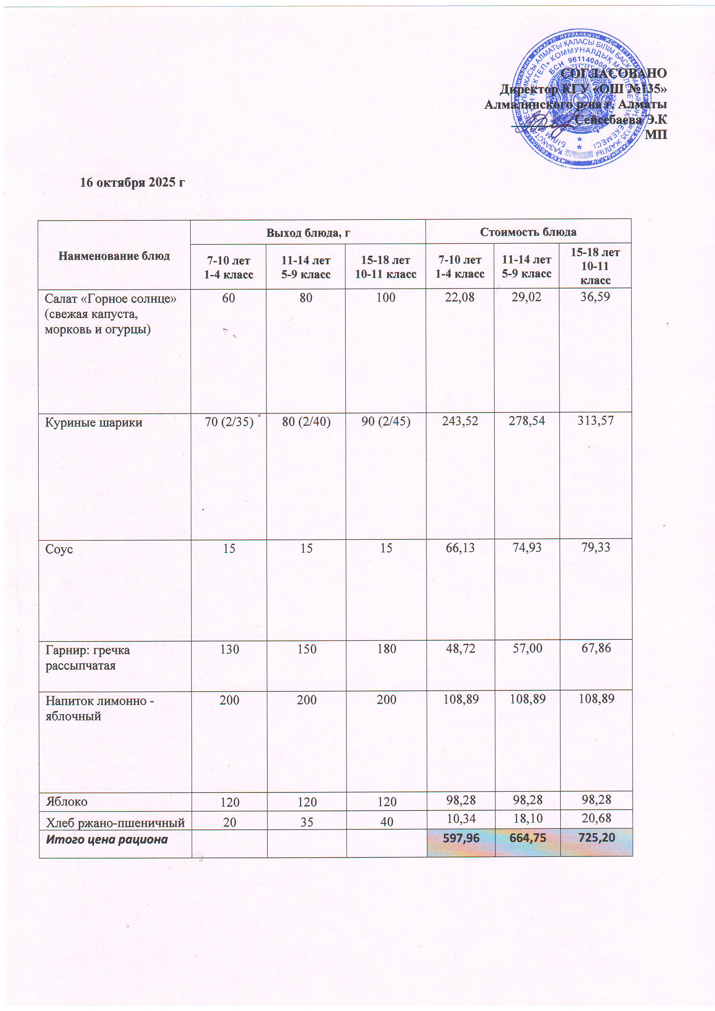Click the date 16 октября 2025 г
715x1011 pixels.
coord(132,182)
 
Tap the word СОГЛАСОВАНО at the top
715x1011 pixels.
coord(614,73)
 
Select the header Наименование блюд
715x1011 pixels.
coord(114,256)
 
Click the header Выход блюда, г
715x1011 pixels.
coord(308,233)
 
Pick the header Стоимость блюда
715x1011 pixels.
coord(528,232)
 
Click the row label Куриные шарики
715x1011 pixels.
coord(94,423)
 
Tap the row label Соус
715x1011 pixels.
coord(59,549)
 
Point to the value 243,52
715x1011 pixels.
coord(460,421)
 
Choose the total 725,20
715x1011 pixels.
coord(597,837)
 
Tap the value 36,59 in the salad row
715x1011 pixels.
coord(595,297)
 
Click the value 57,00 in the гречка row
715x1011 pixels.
coord(527,648)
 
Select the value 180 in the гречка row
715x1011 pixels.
coord(386,649)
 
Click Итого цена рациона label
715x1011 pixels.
coord(107,839)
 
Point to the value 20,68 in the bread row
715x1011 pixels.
coord(596,818)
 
